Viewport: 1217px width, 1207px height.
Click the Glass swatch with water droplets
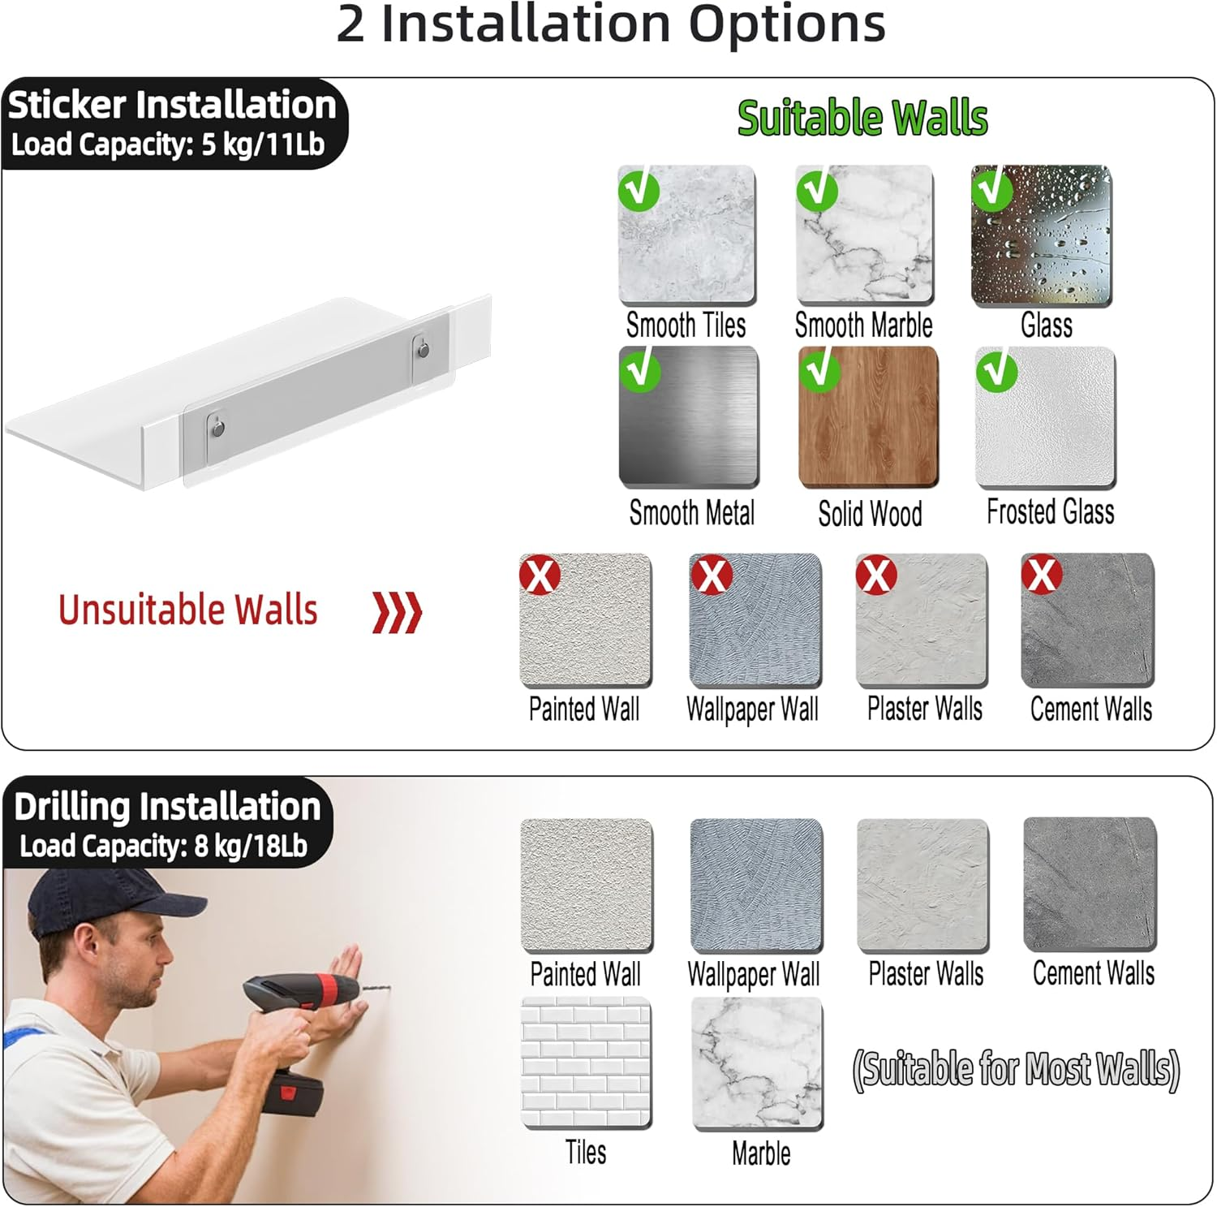tap(1041, 236)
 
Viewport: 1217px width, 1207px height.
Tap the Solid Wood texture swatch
tap(868, 417)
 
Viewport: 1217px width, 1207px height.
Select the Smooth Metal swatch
tap(688, 417)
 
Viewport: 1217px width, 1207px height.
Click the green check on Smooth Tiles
tap(639, 190)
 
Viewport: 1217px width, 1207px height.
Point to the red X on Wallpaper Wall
tap(712, 575)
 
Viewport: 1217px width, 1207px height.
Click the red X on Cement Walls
tap(1043, 575)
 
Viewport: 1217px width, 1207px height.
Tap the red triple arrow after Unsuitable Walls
tap(397, 612)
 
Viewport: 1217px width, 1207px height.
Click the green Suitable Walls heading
tap(862, 119)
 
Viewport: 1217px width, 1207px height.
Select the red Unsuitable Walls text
tap(187, 610)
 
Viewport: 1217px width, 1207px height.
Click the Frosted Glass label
tap(1050, 512)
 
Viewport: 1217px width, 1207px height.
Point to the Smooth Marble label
tap(863, 325)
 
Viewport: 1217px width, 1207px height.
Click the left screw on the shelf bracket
tap(217, 425)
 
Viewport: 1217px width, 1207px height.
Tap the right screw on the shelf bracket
tap(423, 350)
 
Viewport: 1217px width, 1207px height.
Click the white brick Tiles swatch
tap(586, 1063)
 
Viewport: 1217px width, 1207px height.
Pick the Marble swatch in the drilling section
tap(757, 1063)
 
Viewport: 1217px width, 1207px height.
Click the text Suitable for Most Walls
tap(1016, 1069)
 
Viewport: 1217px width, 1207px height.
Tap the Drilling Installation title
tap(167, 807)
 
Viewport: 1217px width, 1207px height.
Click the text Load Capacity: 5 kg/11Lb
tap(167, 144)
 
